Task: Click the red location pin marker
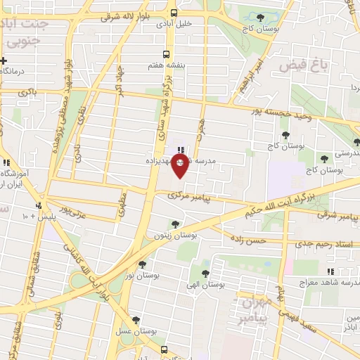pos(181,165)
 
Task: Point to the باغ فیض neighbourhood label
pos(303,65)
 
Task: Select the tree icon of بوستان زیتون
pos(174,225)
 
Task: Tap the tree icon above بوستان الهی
pos(205,274)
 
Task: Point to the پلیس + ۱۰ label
pos(34,215)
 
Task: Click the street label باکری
pos(27,92)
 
